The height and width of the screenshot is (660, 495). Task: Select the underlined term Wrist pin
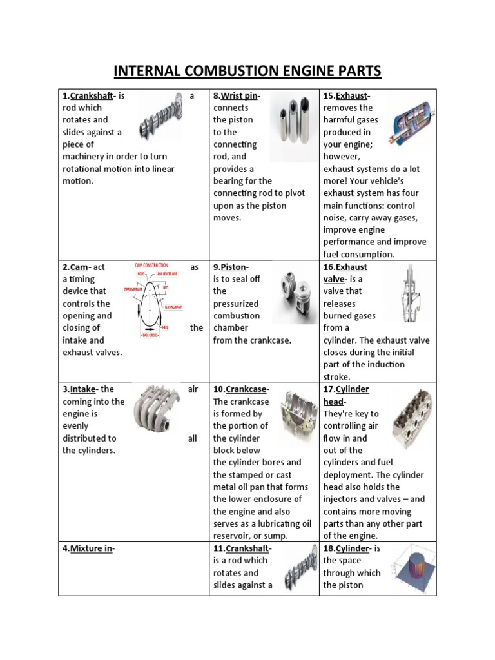click(x=240, y=96)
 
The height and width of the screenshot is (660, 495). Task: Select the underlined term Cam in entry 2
click(x=79, y=267)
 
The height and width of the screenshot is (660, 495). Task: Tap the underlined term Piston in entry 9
click(x=235, y=267)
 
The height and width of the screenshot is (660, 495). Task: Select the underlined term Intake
click(x=82, y=389)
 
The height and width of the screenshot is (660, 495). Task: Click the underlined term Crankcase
click(x=246, y=389)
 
